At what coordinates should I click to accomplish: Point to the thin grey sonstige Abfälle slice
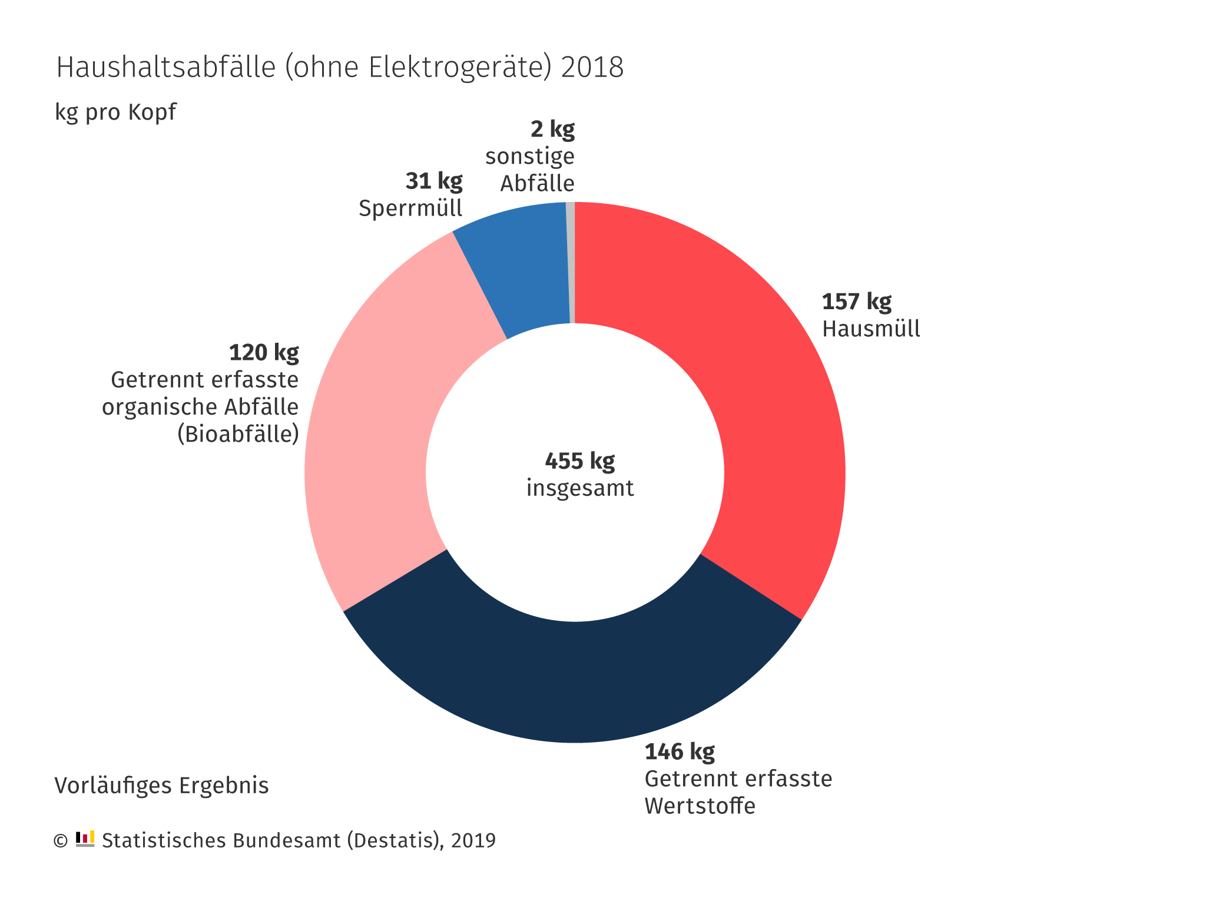click(x=570, y=262)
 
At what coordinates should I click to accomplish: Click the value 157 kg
click(x=856, y=302)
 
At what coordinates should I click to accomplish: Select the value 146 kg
click(x=680, y=752)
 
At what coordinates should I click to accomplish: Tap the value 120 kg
click(x=264, y=353)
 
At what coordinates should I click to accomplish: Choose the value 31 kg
click(x=434, y=181)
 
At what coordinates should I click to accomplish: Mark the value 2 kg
click(x=552, y=129)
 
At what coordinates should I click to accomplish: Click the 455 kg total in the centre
click(x=579, y=461)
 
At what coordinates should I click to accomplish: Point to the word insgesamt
click(x=580, y=488)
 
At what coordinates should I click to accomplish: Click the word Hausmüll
click(x=871, y=329)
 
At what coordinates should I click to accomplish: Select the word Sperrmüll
click(x=410, y=208)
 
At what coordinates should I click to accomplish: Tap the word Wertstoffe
click(x=700, y=806)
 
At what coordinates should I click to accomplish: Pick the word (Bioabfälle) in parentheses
click(x=238, y=434)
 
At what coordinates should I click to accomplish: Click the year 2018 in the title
click(x=592, y=67)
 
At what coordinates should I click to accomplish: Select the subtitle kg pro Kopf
click(x=115, y=112)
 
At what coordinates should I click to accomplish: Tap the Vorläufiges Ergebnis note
click(x=161, y=786)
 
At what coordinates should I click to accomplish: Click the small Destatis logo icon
click(x=85, y=839)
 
